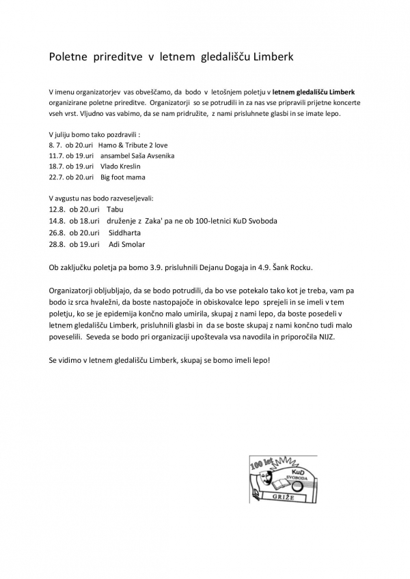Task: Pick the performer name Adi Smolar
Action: (127, 244)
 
